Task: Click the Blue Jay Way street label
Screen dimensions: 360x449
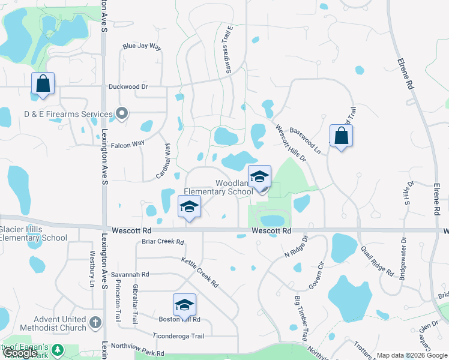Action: click(x=142, y=46)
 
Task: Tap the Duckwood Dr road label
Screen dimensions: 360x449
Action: click(x=128, y=86)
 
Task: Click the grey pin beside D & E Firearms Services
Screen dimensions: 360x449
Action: click(x=122, y=113)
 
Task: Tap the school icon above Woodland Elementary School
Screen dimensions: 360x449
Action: click(x=259, y=177)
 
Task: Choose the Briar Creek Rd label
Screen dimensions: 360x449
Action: click(x=162, y=242)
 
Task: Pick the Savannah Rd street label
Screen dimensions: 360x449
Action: click(x=133, y=274)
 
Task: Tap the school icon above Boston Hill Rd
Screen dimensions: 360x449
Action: click(x=184, y=305)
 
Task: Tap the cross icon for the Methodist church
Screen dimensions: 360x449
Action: click(x=95, y=323)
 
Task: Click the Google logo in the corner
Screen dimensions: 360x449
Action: click(x=20, y=353)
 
